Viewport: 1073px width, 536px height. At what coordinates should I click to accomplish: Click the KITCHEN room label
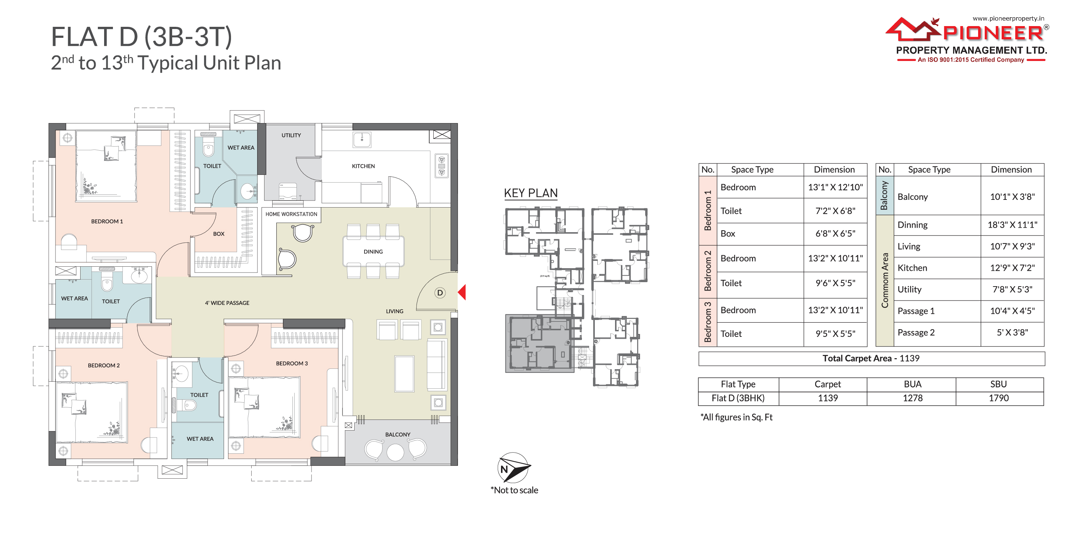363,166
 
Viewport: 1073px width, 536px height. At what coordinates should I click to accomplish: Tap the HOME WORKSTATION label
291,214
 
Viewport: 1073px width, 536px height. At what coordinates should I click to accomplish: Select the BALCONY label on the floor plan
397,435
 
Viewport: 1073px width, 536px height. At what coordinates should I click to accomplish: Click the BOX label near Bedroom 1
218,234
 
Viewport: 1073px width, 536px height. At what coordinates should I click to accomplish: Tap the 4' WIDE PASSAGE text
227,303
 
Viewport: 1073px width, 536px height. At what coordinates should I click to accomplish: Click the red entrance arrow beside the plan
462,292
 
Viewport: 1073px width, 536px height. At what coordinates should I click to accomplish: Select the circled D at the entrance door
440,292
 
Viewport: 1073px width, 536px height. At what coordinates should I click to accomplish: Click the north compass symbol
514,468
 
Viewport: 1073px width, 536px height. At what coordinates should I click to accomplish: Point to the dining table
373,251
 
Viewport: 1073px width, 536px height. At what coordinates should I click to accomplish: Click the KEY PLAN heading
531,193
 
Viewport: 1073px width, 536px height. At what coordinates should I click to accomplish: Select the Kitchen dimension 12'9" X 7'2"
1012,268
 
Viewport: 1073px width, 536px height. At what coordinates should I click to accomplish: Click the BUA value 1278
912,398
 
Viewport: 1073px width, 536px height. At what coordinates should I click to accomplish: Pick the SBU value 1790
998,398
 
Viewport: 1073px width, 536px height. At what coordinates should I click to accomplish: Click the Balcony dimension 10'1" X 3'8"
1012,197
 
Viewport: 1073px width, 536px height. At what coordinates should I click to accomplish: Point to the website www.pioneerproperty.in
1008,18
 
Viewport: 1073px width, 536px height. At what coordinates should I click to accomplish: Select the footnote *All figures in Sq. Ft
736,417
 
